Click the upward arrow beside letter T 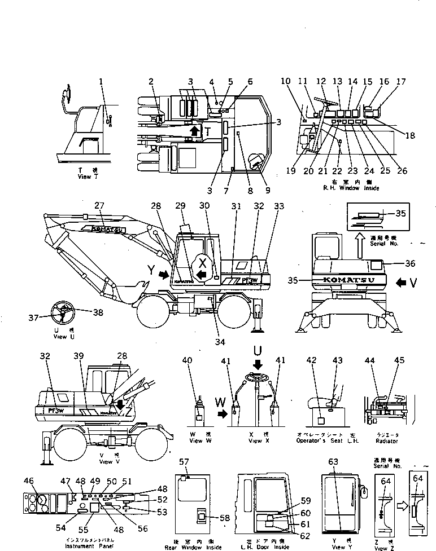click(194, 132)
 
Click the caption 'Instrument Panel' click(92, 546)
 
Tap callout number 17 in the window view click(400, 82)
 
